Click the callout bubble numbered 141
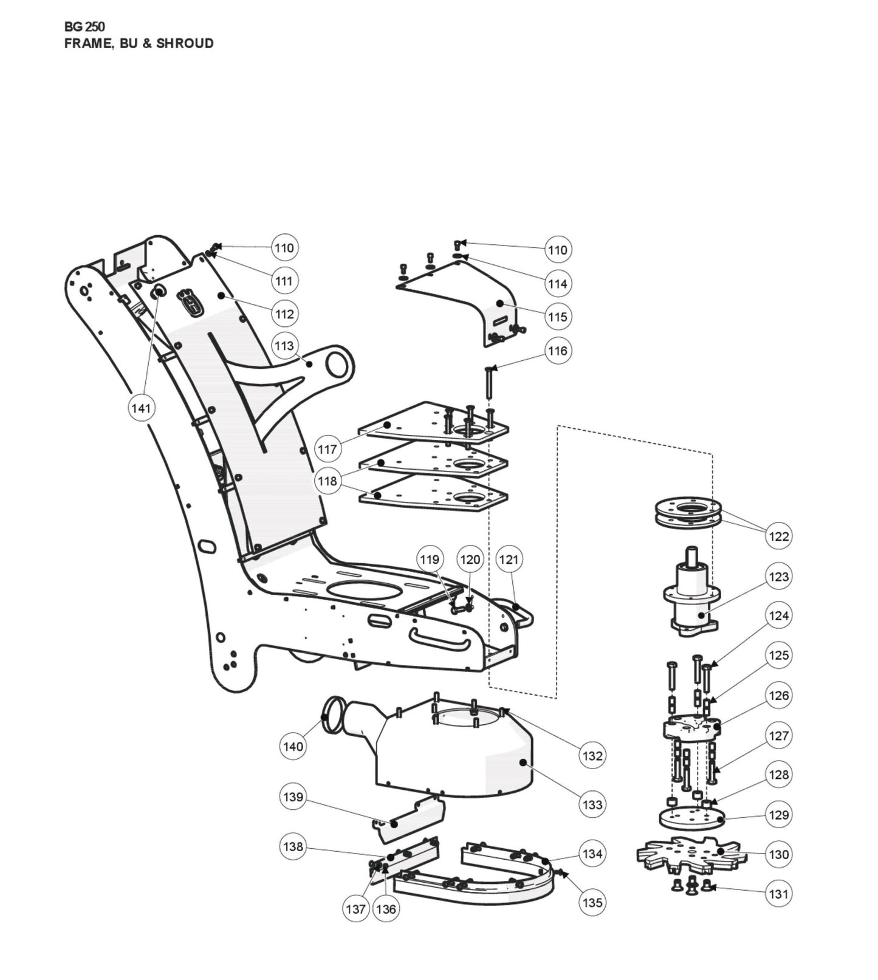(141, 408)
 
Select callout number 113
(284, 346)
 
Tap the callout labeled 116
(557, 351)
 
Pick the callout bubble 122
(779, 536)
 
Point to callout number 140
(293, 746)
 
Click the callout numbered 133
(592, 804)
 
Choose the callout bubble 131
(778, 894)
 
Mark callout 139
(293, 797)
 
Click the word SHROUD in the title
(185, 43)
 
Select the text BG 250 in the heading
(84, 27)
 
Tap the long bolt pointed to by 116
(489, 383)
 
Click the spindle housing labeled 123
(691, 598)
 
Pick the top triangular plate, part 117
(433, 423)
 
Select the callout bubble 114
(557, 283)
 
